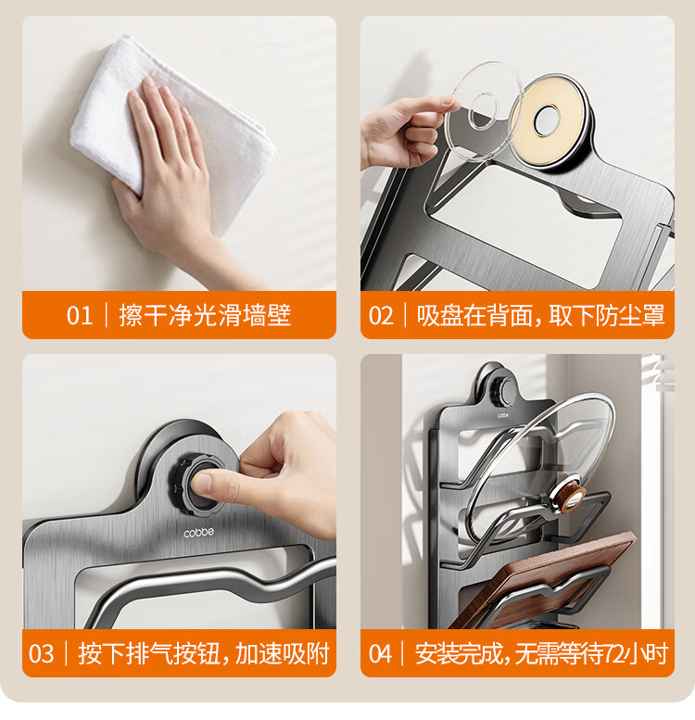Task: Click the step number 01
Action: pos(80,315)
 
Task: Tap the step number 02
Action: pos(381,316)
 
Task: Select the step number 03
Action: pos(41,653)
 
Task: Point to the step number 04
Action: pos(381,653)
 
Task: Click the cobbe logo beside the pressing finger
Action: pos(198,533)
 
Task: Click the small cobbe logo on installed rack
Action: pos(502,415)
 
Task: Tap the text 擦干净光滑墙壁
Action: pos(205,315)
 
